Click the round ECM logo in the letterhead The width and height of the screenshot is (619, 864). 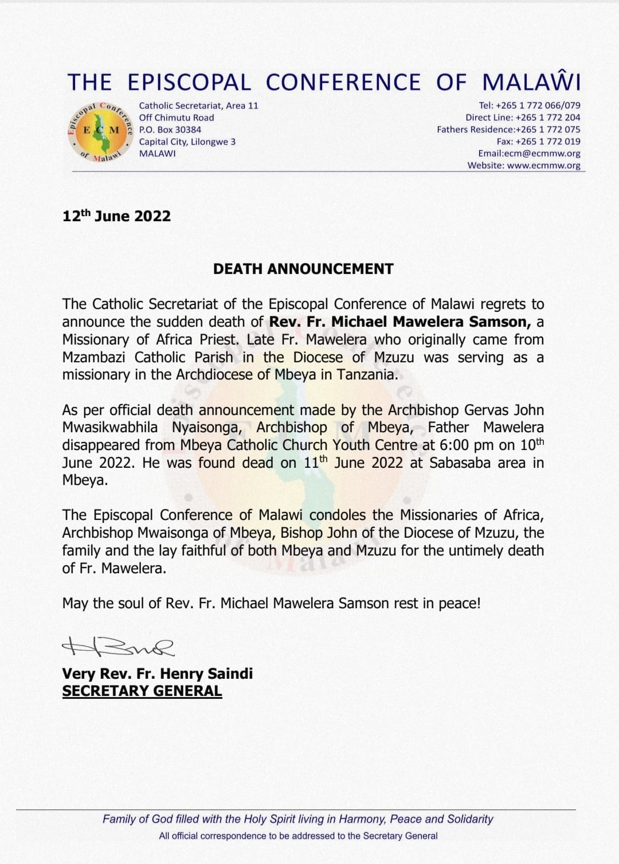pyautogui.click(x=101, y=131)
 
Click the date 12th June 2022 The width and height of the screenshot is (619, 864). pyautogui.click(x=116, y=216)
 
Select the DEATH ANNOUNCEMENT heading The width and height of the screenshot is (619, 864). pyautogui.click(x=303, y=269)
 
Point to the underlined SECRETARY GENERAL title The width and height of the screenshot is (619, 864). pyautogui.click(x=142, y=691)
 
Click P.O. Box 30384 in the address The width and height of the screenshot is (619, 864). pyautogui.click(x=170, y=130)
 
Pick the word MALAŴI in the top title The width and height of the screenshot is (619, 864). pyautogui.click(x=531, y=82)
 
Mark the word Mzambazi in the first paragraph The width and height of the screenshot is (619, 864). pyautogui.click(x=95, y=357)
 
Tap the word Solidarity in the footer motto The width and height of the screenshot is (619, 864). pyautogui.click(x=470, y=819)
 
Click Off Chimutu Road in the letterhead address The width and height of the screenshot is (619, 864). pyautogui.click(x=177, y=118)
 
